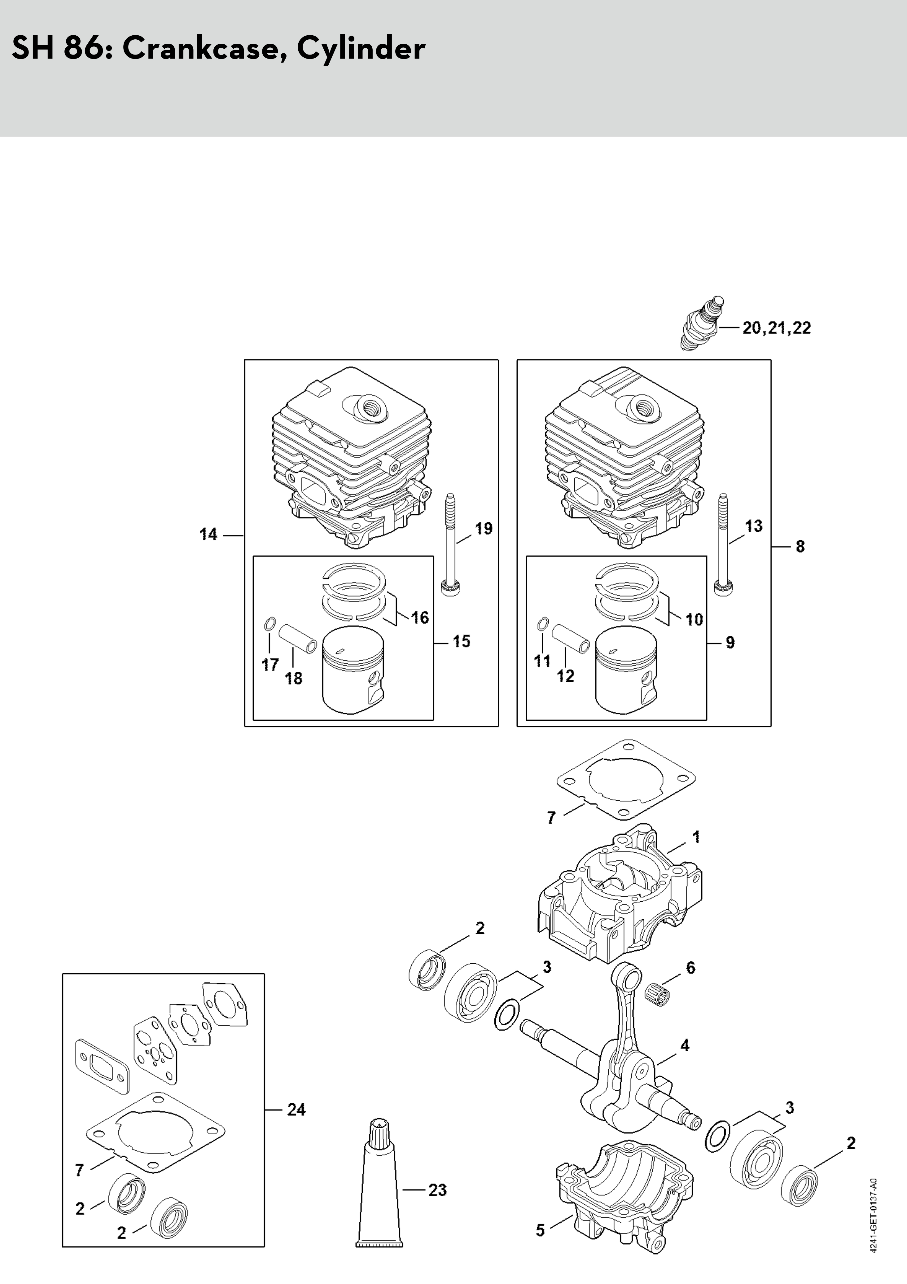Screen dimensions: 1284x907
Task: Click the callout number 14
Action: click(208, 534)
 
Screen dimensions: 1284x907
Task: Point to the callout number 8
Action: click(800, 546)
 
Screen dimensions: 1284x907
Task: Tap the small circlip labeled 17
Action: click(269, 623)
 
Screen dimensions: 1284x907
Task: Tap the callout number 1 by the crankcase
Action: click(696, 853)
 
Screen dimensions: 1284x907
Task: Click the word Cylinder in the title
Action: click(361, 49)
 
